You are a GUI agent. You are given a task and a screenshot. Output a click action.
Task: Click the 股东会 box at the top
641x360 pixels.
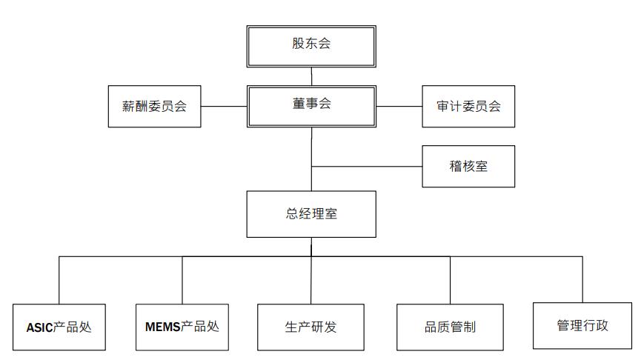(311, 46)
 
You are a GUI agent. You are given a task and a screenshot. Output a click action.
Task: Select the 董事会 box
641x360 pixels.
(311, 106)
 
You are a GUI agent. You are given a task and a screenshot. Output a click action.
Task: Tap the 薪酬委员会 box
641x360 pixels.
(155, 106)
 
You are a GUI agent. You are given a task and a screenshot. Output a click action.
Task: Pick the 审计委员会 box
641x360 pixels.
(468, 106)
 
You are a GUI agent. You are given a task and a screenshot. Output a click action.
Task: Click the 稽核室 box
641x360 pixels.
(468, 167)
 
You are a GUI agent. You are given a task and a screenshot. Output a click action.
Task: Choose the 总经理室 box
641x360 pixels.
(311, 214)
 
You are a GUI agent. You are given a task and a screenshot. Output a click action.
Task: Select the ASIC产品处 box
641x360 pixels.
(59, 327)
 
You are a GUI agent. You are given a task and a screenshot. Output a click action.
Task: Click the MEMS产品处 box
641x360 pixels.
(182, 327)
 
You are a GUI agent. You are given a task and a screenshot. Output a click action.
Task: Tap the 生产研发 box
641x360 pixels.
(310, 327)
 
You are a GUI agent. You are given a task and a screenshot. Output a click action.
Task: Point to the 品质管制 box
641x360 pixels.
(450, 327)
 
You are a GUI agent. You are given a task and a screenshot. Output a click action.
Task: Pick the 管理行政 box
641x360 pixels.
(582, 326)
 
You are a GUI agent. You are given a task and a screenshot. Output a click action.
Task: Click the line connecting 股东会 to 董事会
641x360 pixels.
(311, 76)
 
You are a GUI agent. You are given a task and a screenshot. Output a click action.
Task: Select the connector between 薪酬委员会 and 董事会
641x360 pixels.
(224, 106)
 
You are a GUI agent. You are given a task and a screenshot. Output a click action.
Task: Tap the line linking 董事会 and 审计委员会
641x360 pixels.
(399, 106)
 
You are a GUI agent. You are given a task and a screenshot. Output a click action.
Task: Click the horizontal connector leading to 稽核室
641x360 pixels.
(367, 167)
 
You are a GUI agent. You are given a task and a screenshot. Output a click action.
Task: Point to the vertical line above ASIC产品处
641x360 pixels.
(59, 280)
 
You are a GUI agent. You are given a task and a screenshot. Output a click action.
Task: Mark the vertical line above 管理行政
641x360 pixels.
(582, 279)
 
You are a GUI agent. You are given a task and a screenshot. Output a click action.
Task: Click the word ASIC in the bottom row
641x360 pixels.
(40, 327)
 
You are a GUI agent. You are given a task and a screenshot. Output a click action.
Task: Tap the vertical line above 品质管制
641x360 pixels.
(450, 280)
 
